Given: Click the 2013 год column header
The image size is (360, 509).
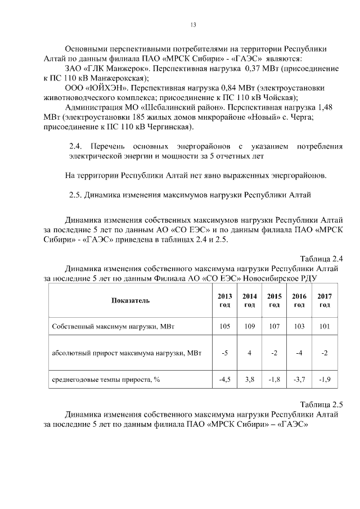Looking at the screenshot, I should coord(224,300).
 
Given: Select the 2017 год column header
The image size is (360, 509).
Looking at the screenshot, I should coord(325,300).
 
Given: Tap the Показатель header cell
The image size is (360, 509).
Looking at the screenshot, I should coord(130,300).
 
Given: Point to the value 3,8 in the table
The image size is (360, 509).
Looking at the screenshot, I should coord(249,380).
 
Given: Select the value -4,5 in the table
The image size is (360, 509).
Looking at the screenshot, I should coord(224,380).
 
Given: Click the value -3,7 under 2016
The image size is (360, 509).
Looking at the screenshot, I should coord(299,380).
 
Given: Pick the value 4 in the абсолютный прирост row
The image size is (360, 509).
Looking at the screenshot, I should coord(249,353).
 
